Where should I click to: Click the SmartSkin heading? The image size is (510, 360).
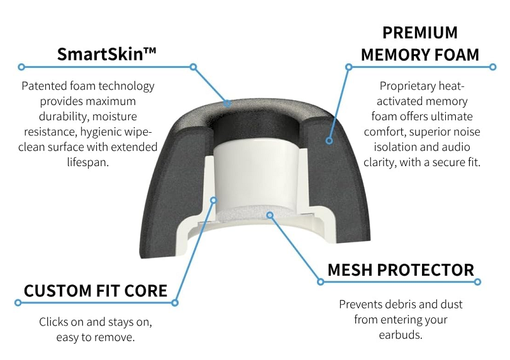pos(106,53)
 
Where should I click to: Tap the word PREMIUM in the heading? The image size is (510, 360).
pos(420,33)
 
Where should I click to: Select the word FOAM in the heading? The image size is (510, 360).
pos(457,55)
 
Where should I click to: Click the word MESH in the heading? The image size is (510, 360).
pos(350,270)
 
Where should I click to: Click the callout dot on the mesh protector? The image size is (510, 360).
pos(270,215)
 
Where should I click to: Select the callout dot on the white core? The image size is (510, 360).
pos(213,200)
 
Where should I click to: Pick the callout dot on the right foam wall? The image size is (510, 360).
pos(329,140)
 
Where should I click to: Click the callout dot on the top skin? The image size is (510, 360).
pos(228,103)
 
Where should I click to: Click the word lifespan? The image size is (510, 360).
pos(88,162)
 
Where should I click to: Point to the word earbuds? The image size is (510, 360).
pos(401,335)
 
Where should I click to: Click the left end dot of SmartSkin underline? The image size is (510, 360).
pos(21,67)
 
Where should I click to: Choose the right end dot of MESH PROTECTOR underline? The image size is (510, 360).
pos(477,282)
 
